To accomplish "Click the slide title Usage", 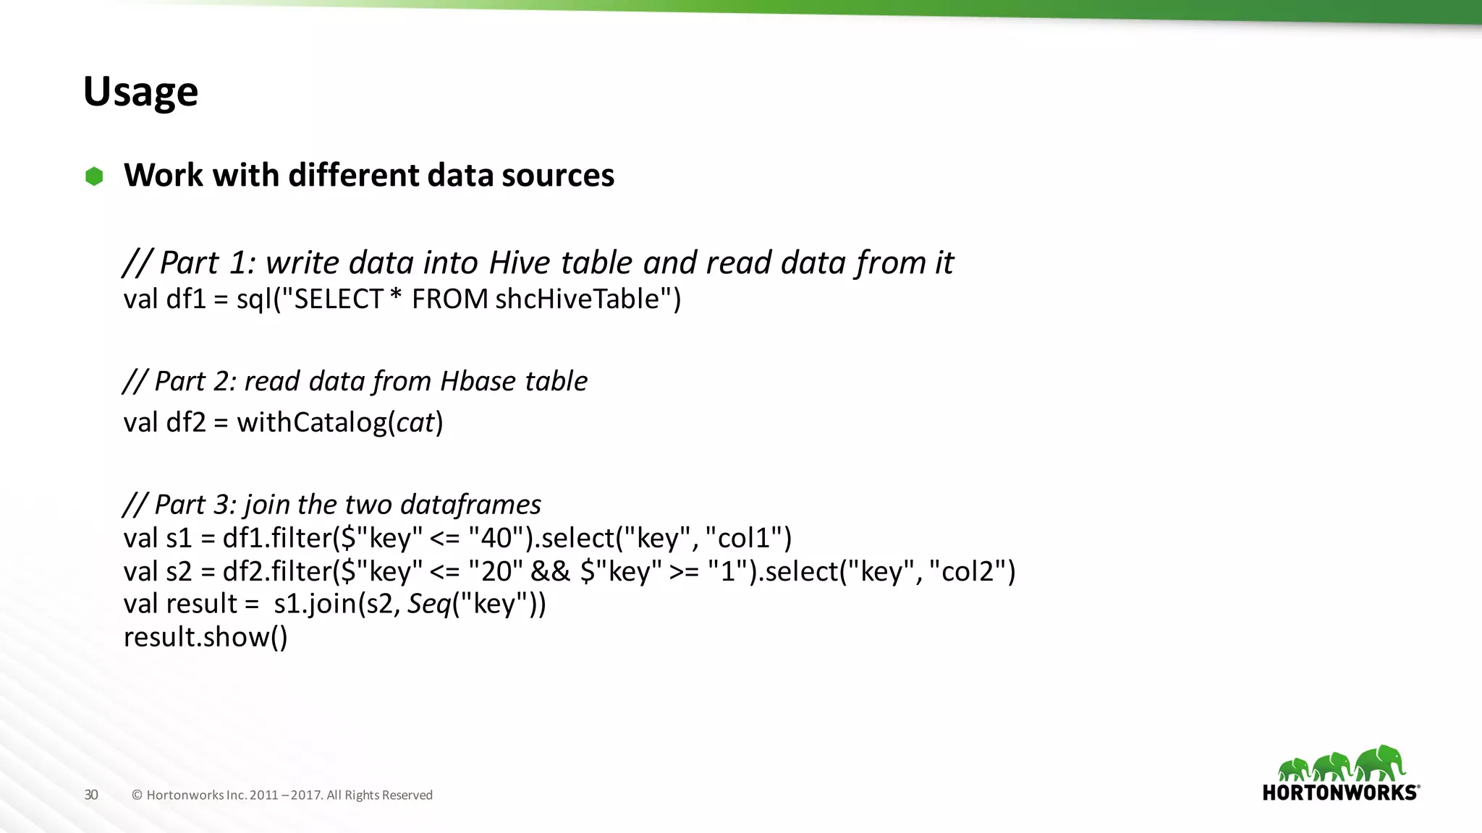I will [x=140, y=92].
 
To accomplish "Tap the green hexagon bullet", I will [x=94, y=176].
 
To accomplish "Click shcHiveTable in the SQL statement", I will [x=577, y=299].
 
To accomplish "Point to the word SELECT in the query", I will [x=337, y=299].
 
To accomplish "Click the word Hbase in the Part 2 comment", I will [x=478, y=381].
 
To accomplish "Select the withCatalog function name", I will [x=312, y=422].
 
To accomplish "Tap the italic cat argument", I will [x=415, y=423].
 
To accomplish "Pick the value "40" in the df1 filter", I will [x=496, y=538].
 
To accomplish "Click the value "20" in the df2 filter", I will [x=496, y=571].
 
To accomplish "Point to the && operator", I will [x=550, y=571].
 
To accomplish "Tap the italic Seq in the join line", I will [x=429, y=604].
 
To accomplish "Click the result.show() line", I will [x=206, y=637].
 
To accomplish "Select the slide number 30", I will [x=91, y=795].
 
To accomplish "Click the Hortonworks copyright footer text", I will [x=282, y=795].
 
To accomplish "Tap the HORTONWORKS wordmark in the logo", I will [x=1339, y=793].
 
